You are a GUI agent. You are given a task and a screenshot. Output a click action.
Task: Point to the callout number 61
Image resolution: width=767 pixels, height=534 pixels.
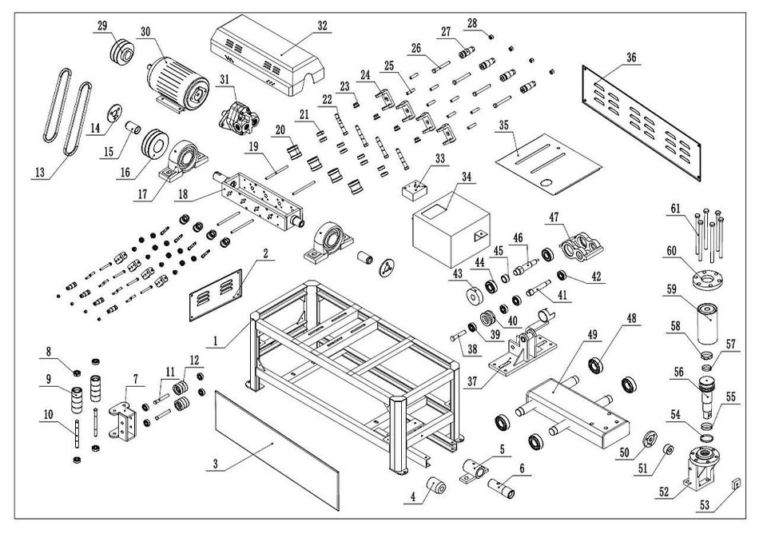(676, 209)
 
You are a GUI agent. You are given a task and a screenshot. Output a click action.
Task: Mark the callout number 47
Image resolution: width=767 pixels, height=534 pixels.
(553, 216)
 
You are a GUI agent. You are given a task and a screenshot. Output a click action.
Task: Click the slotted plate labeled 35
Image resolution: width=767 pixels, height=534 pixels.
(547, 161)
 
